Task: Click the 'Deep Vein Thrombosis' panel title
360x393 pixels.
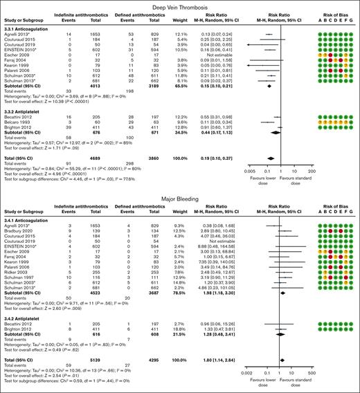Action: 179,5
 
